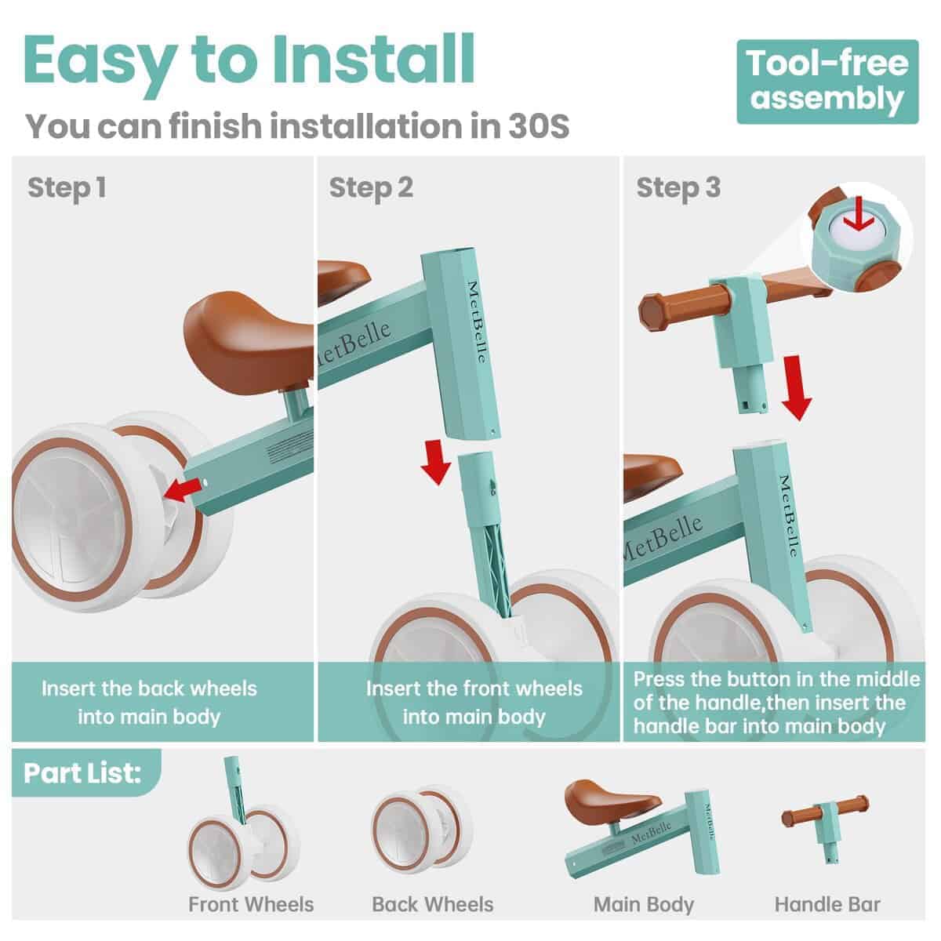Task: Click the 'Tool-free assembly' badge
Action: [827, 82]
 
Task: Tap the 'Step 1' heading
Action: [67, 188]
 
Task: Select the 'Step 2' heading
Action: [371, 188]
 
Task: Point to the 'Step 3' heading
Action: [678, 188]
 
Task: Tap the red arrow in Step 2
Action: [435, 462]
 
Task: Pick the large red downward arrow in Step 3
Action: [797, 387]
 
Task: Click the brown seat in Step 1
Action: [249, 336]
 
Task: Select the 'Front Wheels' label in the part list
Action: [251, 904]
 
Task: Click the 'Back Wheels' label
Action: [433, 904]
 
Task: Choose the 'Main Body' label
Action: [644, 905]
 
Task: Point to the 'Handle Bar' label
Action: [827, 904]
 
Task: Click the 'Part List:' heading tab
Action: [83, 773]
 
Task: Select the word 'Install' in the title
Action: [373, 60]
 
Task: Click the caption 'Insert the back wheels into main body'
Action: [150, 703]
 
